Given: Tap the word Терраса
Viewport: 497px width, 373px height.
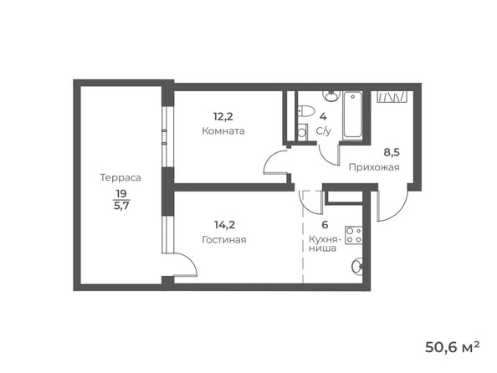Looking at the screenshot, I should click(x=119, y=177).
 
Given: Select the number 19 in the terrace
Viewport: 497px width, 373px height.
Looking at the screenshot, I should click(x=122, y=192).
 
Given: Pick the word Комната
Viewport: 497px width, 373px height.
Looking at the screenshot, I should click(x=223, y=131).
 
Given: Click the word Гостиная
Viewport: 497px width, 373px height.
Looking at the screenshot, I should click(x=223, y=239).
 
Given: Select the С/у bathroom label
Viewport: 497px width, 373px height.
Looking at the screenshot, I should click(x=325, y=131).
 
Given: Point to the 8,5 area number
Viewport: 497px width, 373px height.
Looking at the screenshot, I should click(x=391, y=153).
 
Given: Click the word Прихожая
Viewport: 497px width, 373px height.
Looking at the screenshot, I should click(x=374, y=167).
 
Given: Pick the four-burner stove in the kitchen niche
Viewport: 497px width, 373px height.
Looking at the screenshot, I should click(x=354, y=235).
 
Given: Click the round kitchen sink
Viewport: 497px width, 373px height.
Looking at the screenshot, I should click(x=356, y=267).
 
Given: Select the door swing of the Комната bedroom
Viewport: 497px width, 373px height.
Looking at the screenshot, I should click(x=274, y=163).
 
